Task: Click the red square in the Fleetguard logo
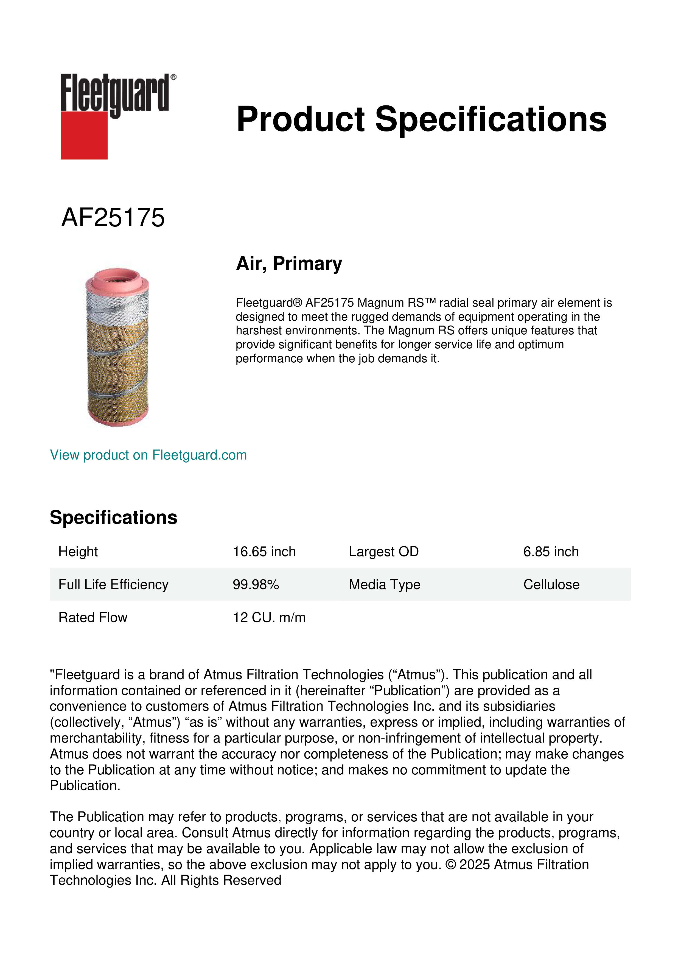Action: tap(84, 135)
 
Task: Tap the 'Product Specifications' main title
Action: tap(421, 119)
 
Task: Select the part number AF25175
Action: tap(113, 218)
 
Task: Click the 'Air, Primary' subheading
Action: tap(289, 264)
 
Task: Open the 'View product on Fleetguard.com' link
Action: tap(148, 455)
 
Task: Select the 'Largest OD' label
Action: tap(384, 552)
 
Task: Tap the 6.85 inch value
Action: tap(551, 552)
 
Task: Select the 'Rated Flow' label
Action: tap(93, 617)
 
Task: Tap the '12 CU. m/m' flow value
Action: tap(269, 617)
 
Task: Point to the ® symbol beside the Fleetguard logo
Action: tap(173, 77)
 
